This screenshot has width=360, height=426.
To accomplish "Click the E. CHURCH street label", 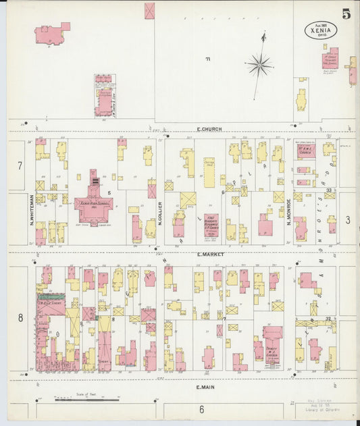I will (x=209, y=128).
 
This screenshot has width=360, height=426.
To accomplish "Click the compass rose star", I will (x=259, y=65).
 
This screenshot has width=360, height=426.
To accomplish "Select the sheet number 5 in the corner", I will (x=345, y=14).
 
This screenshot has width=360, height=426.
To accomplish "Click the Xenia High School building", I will (x=94, y=203).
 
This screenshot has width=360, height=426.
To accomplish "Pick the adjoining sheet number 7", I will (x=20, y=165).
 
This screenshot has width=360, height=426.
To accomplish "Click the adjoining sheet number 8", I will (x=20, y=317).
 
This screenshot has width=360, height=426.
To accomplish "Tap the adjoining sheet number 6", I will (x=201, y=409).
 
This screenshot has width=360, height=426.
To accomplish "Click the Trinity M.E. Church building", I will (x=272, y=344).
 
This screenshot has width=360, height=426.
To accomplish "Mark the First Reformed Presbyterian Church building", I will (x=211, y=226).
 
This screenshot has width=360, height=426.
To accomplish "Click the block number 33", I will (x=328, y=191).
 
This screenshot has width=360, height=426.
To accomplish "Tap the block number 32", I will (x=328, y=319).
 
